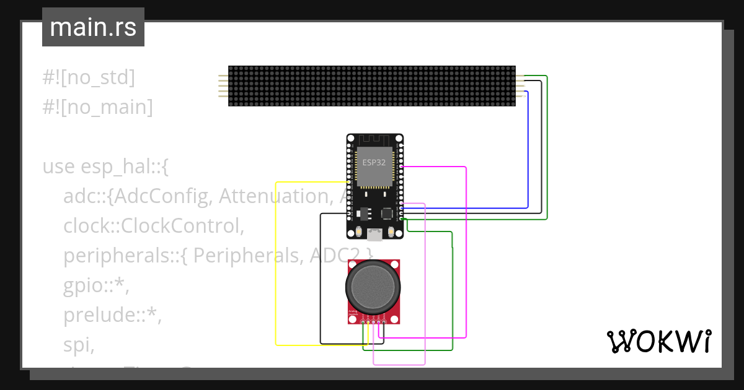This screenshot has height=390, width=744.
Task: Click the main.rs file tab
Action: (x=93, y=27)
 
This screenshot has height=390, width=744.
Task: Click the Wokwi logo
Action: (x=658, y=341)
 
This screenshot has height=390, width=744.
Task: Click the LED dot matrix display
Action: (x=371, y=86)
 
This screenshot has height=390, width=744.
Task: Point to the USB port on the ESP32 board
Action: (x=374, y=234)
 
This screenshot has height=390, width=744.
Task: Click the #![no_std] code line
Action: (x=89, y=78)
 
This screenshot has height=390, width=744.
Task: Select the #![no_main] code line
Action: (x=97, y=107)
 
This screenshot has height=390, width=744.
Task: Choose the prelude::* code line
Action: (x=112, y=315)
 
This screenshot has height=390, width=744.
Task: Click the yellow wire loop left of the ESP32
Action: (x=276, y=260)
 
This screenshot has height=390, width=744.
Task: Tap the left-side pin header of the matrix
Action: (x=223, y=86)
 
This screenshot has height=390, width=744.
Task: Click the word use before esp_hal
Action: (x=59, y=167)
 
